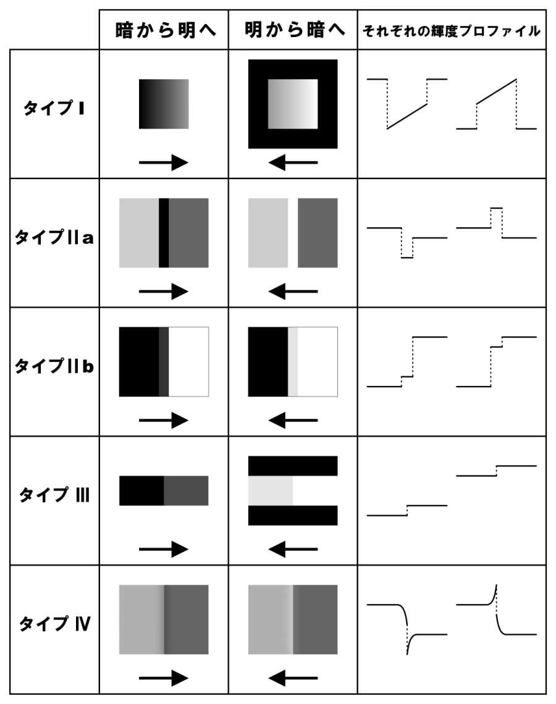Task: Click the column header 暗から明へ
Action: click(166, 30)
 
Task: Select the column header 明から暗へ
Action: click(295, 30)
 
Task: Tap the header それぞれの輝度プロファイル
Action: click(452, 31)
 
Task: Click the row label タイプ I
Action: click(54, 108)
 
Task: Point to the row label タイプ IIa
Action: click(54, 237)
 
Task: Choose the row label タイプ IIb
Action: click(54, 366)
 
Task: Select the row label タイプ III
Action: click(54, 495)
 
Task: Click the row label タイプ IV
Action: click(54, 624)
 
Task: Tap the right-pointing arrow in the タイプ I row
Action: click(164, 162)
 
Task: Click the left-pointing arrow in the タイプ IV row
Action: click(293, 678)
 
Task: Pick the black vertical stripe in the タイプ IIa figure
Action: click(164, 233)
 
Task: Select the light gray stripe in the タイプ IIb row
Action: click(293, 362)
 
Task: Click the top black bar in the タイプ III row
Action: click(293, 466)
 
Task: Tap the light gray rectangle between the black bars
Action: click(271, 491)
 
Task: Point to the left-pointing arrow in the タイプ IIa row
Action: click(293, 291)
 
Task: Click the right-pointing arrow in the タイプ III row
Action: click(164, 549)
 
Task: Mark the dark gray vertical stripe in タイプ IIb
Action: click(164, 362)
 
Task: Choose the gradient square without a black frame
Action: click(164, 104)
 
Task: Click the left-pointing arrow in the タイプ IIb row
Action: click(293, 421)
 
